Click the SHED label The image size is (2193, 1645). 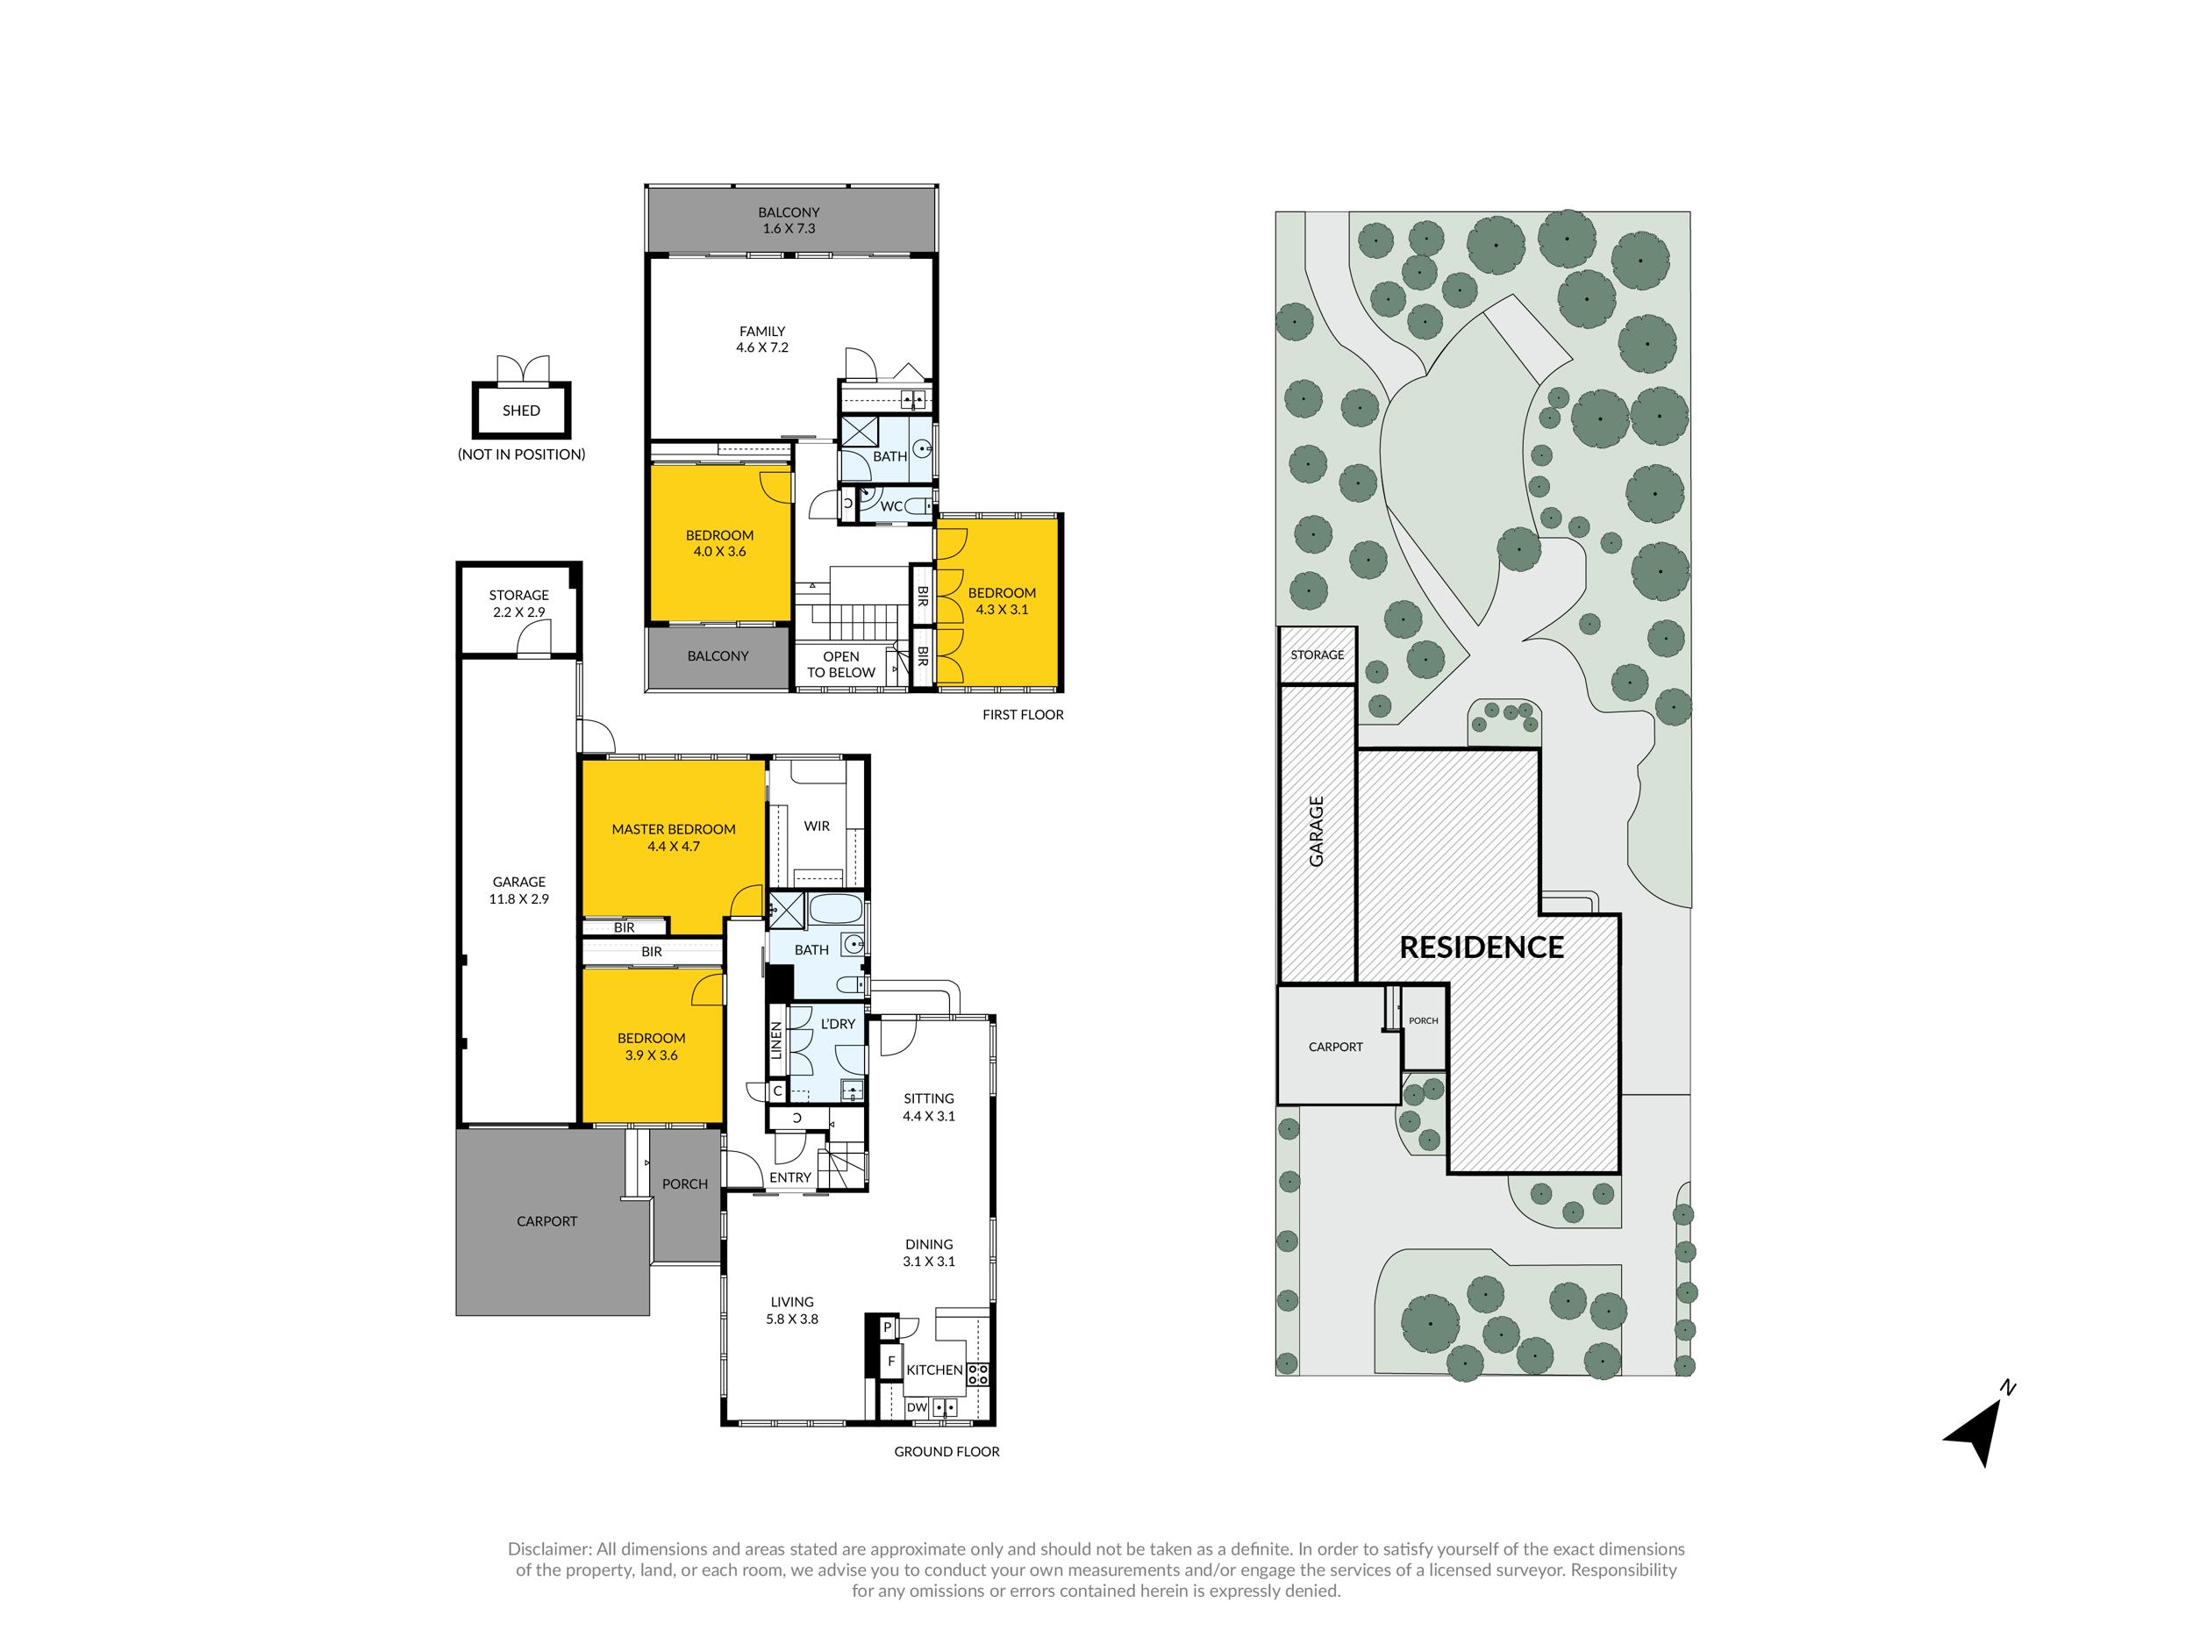[x=521, y=411]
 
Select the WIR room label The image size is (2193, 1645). [x=817, y=826]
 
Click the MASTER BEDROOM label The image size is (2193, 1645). [x=673, y=829]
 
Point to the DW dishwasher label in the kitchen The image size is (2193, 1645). [x=917, y=1407]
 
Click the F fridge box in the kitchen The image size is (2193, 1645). [x=891, y=1362]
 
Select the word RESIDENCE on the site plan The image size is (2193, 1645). [x=1482, y=947]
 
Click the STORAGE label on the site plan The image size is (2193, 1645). [x=1318, y=654]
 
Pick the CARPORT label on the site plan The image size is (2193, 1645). [x=1335, y=1046]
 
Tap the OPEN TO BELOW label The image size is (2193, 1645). [x=840, y=664]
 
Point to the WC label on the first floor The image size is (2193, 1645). [x=891, y=507]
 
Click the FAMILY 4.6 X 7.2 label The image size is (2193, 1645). [x=762, y=340]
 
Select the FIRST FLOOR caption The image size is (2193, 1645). [x=1023, y=714]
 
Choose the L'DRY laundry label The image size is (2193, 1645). [x=838, y=1023]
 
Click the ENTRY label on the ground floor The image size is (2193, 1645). [x=790, y=1177]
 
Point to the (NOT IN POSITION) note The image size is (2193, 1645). [x=521, y=454]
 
